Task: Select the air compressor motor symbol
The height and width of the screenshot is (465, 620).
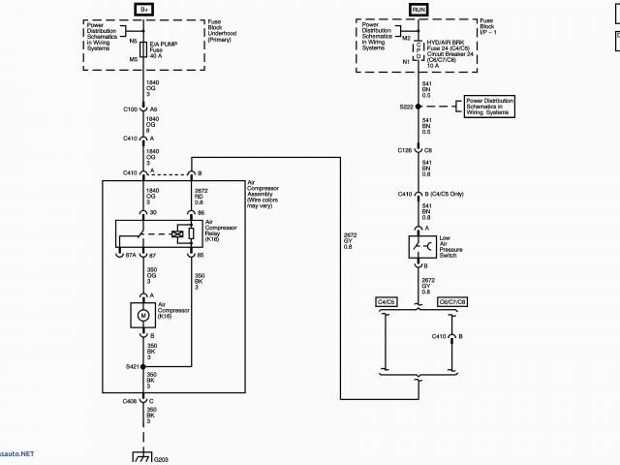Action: [x=143, y=315]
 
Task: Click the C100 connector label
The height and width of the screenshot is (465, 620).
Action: [x=130, y=109]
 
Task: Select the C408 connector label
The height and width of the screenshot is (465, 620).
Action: [x=130, y=400]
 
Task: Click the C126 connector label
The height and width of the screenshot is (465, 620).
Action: [x=405, y=151]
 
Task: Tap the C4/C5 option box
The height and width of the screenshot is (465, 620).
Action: [x=386, y=302]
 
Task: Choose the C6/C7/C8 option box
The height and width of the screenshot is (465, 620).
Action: [x=452, y=302]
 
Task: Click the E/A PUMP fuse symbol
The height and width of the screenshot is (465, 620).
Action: [x=143, y=47]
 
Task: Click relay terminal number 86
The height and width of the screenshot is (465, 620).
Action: [x=201, y=212]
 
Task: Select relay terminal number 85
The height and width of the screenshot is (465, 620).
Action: [x=201, y=256]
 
